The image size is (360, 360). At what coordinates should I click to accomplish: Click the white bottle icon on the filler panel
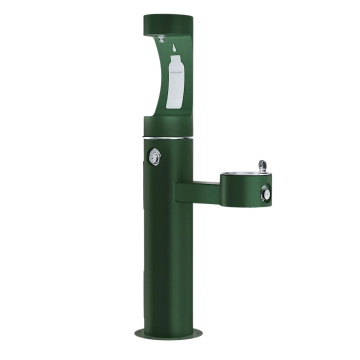coord(176,81)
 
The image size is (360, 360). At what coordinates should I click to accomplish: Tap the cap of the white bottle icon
coord(175,59)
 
